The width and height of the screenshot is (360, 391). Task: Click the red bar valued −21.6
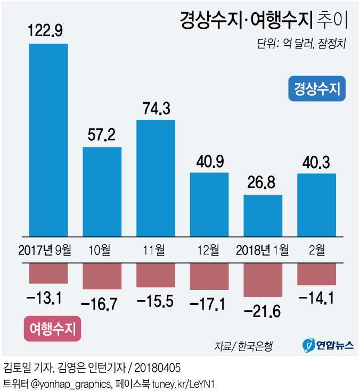coord(263,280)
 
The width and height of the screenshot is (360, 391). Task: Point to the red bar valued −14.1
coord(316,274)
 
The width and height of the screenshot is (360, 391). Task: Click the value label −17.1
coord(209,304)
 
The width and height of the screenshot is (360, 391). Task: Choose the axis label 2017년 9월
coord(48,249)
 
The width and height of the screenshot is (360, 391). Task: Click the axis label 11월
coord(156,249)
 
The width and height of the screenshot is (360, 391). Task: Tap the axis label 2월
coord(316,249)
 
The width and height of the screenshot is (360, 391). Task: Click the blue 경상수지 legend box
coord(317,89)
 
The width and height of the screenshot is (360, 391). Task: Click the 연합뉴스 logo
coord(328,345)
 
